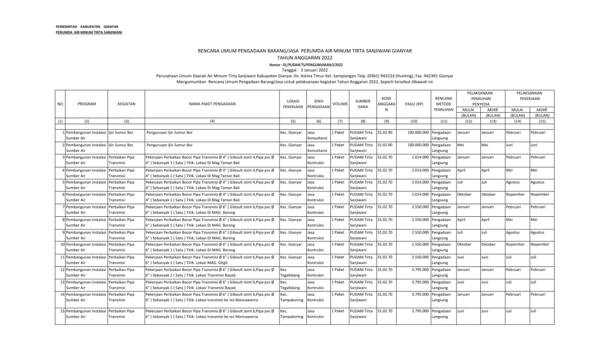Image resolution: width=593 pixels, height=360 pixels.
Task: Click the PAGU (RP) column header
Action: click(x=414, y=104)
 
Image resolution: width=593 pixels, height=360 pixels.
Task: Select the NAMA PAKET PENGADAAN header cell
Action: click(x=212, y=104)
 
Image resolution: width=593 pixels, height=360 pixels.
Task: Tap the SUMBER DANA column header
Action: click(x=363, y=104)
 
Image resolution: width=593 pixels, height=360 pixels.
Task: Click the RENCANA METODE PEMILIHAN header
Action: click(x=443, y=104)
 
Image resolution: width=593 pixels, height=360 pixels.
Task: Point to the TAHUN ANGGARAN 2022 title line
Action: click(x=305, y=57)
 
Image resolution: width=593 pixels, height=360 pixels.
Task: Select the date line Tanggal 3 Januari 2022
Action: click(x=305, y=70)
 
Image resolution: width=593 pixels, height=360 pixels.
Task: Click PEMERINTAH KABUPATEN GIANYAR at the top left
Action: click(x=87, y=27)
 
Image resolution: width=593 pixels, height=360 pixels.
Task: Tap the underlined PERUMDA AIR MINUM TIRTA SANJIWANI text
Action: click(x=88, y=32)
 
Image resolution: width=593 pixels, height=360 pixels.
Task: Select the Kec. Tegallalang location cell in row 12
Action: click(x=290, y=272)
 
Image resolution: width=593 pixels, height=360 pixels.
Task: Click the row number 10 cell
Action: click(x=60, y=244)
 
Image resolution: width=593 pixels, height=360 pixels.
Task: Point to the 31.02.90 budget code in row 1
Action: click(x=385, y=133)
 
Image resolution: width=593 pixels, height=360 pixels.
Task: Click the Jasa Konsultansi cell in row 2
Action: click(x=318, y=147)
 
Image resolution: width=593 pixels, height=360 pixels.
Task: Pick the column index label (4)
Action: click(x=212, y=121)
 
